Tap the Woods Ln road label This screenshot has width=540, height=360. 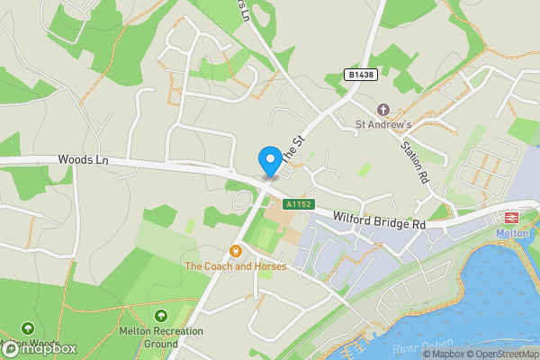click(83, 159)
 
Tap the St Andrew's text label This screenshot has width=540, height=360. click(383, 125)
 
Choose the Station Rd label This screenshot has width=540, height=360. click(415, 159)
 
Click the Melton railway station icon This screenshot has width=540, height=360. click(509, 217)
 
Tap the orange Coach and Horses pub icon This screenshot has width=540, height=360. click(236, 250)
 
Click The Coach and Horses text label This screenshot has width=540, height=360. click(236, 266)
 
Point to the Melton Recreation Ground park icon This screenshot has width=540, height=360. click(160, 315)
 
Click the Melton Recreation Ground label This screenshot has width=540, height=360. click(161, 337)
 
